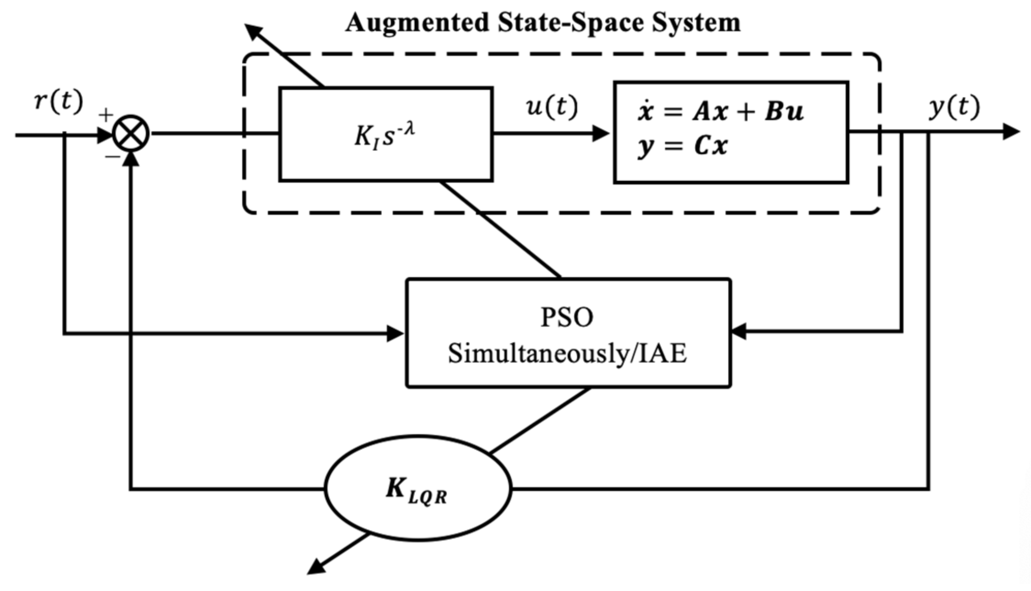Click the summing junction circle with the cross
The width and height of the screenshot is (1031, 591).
click(x=131, y=134)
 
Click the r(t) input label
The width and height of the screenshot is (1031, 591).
click(x=59, y=100)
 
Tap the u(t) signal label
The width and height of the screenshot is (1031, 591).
click(x=551, y=106)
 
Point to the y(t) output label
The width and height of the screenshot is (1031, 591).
click(x=954, y=107)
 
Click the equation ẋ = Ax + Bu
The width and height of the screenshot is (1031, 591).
click(x=720, y=112)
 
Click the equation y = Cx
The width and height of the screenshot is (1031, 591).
click(x=682, y=146)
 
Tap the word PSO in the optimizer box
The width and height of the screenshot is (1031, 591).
click(x=567, y=317)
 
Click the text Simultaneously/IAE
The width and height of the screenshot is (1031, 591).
click(x=567, y=354)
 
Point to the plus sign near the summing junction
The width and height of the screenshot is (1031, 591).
click(x=106, y=115)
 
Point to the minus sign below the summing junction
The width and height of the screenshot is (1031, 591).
click(x=112, y=157)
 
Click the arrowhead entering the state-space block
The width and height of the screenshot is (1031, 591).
click(x=601, y=134)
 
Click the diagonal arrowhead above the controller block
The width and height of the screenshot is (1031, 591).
click(x=254, y=32)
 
